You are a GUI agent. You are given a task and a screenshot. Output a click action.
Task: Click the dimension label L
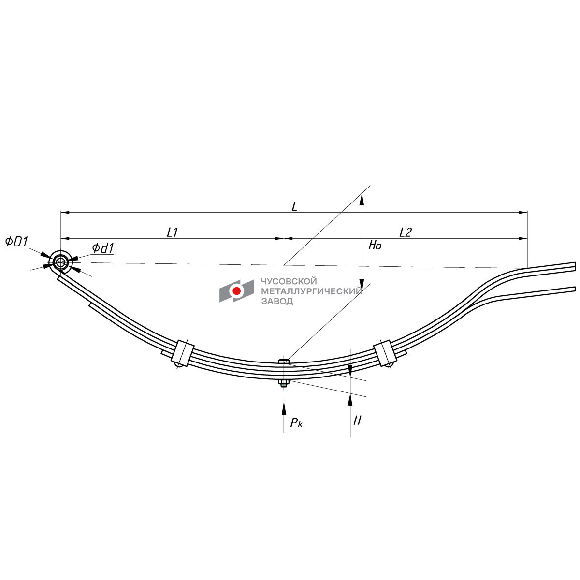tap(294, 206)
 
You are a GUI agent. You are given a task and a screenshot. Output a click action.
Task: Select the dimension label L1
tap(173, 232)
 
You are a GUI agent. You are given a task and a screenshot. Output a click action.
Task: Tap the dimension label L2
tap(405, 232)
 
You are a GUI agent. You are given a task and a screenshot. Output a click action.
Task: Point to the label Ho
tap(375, 246)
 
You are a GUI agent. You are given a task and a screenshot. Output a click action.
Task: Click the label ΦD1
tap(17, 242)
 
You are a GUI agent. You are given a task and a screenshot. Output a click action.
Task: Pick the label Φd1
tap(102, 248)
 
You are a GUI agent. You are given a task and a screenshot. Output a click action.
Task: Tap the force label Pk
tap(296, 423)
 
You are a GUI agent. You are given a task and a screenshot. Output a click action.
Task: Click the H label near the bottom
tap(357, 420)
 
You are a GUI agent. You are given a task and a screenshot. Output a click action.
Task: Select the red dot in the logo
tap(236, 291)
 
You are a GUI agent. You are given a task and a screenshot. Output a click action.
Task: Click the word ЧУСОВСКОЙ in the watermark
tap(289, 281)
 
